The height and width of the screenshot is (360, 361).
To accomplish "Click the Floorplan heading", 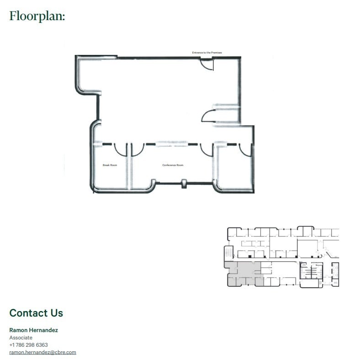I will (37, 16).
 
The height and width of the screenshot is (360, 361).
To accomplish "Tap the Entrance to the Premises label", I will (207, 53).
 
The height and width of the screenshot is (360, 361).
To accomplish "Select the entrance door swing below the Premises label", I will (207, 64).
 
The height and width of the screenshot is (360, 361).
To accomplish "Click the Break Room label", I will (110, 165).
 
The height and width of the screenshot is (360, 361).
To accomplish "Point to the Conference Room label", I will (173, 165).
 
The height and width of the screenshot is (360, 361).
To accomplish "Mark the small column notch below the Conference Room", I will (184, 183).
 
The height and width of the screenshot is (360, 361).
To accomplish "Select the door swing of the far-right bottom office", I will (245, 150).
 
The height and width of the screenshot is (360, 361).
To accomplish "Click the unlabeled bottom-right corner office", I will (234, 169).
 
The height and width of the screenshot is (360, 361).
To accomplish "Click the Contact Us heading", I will (36, 313).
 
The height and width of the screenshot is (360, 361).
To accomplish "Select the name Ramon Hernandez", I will (33, 330).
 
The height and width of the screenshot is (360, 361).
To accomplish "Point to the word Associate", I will (21, 338).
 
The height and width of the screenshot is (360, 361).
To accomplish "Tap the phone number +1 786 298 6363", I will (28, 345).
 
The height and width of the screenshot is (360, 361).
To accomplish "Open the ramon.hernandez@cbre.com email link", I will (42, 352).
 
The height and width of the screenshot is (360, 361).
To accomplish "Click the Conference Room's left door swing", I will (137, 149).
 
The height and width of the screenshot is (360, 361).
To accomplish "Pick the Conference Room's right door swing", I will (206, 150).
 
